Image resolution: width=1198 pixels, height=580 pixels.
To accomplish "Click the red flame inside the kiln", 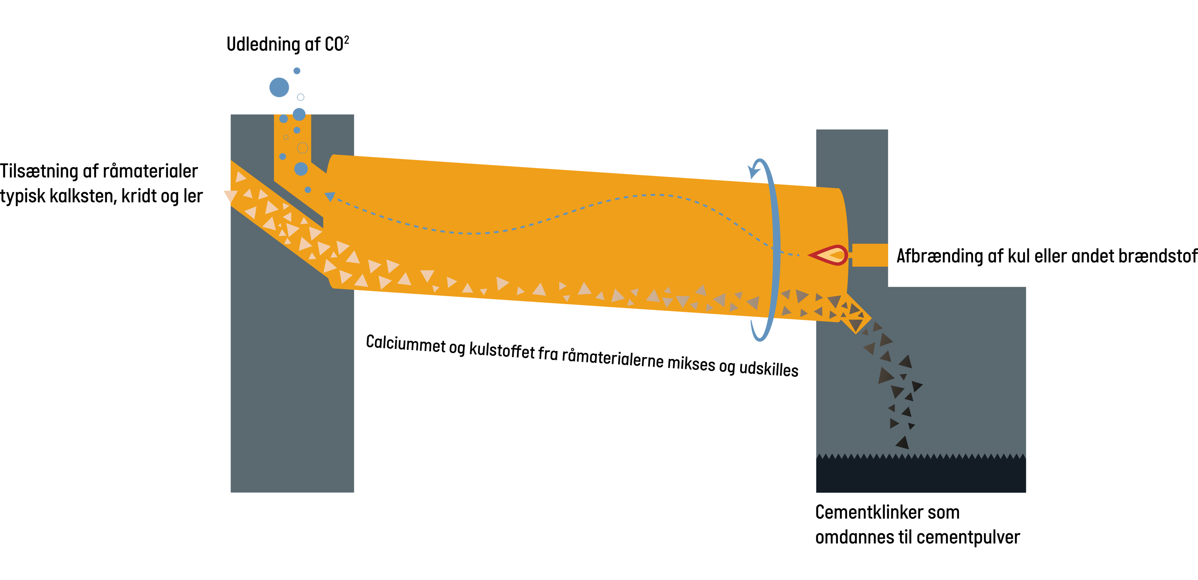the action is coord(829,255).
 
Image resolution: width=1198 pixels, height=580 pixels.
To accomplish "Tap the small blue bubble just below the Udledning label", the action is coord(297,71).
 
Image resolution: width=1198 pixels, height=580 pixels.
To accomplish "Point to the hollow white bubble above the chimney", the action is coord(300,97).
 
